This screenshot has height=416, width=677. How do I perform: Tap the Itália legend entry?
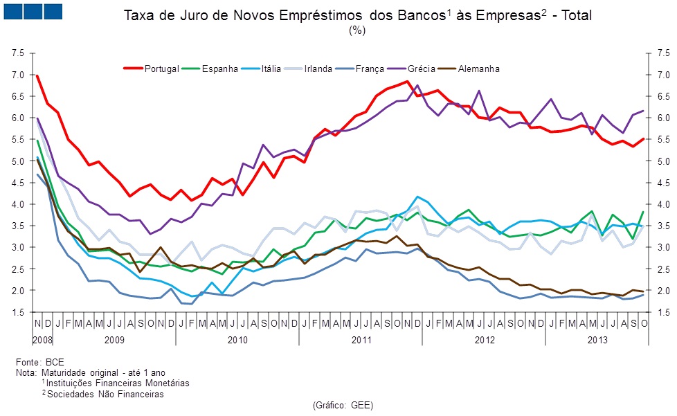pyautogui.click(x=267, y=69)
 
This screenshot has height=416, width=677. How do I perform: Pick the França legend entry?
pyautogui.click(x=370, y=69)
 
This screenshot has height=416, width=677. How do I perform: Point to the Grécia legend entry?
pyautogui.click(x=421, y=69)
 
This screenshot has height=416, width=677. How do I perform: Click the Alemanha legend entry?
pyautogui.click(x=478, y=69)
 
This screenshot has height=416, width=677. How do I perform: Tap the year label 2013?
pyautogui.click(x=597, y=340)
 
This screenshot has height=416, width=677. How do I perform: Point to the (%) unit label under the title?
pyautogui.click(x=358, y=30)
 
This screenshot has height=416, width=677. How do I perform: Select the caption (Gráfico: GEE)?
pyautogui.click(x=343, y=405)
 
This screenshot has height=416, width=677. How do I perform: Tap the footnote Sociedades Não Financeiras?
pyautogui.click(x=105, y=394)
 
